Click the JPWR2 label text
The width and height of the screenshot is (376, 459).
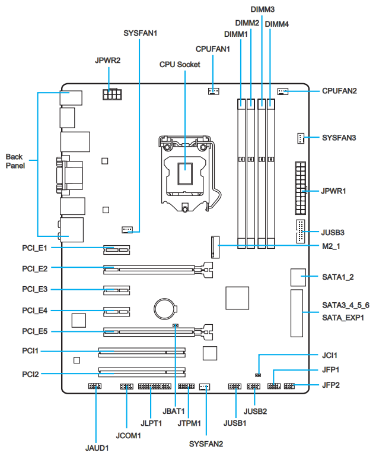coord(108,61)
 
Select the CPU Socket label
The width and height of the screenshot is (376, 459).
coord(180,64)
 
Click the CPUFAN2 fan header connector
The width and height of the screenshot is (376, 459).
coord(283,91)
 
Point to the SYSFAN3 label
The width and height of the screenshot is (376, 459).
coord(339,138)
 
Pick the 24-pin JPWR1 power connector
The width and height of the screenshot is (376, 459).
coord(301,189)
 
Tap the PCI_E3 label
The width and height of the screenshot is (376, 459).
coord(34,289)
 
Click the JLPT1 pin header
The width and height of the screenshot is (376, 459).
coord(154,387)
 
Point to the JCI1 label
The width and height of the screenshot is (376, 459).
coord(329,356)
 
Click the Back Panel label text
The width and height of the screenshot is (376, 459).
coord(15,162)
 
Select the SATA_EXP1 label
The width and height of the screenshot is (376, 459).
coord(343,318)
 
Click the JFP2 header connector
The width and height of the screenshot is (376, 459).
coord(289,387)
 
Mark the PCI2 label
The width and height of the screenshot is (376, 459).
coord(30,374)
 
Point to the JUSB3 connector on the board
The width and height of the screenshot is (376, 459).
coord(300,232)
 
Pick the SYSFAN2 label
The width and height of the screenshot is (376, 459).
coord(206,443)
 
